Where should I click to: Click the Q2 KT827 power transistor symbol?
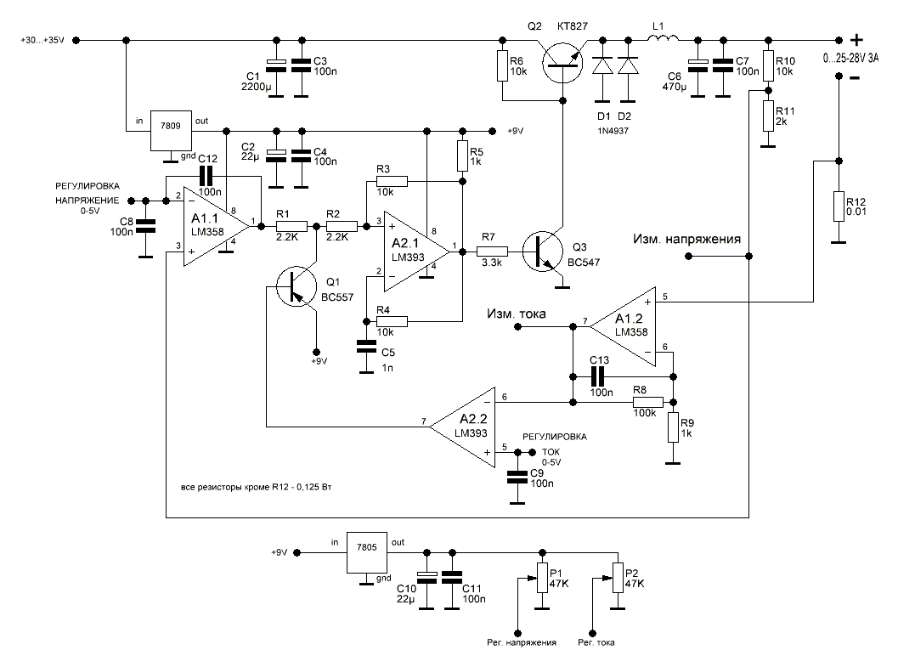point(562,61)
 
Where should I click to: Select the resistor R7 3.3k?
point(493,251)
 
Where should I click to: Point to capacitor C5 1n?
point(366,347)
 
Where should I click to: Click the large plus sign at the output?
point(856,39)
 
